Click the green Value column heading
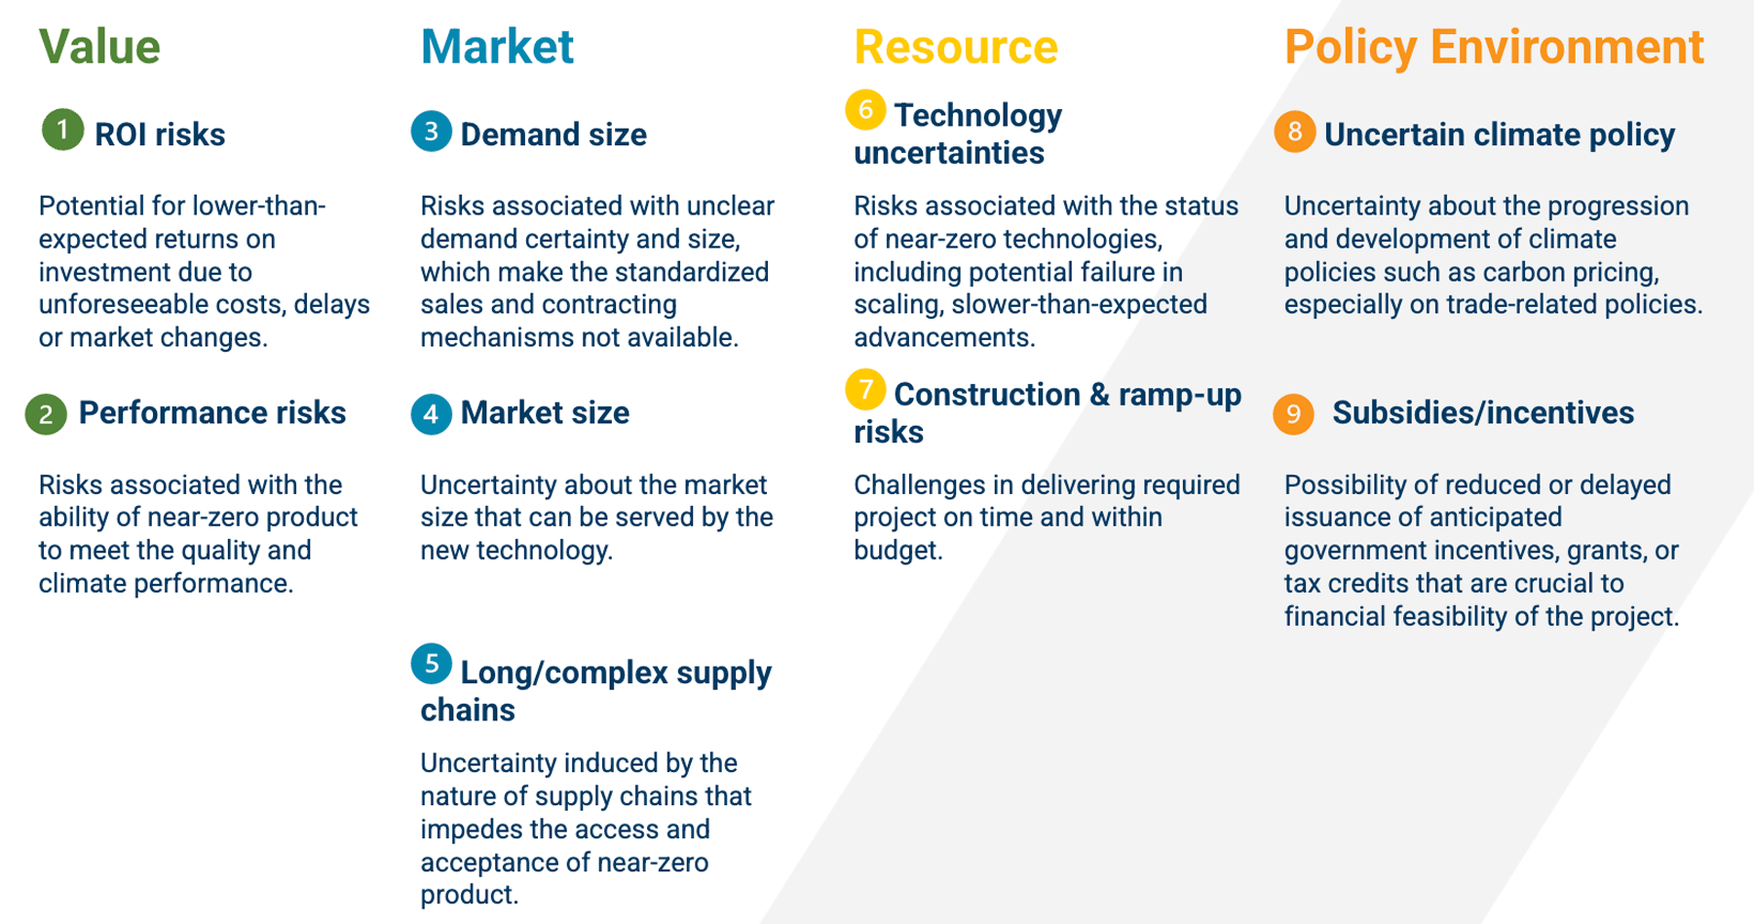[x=99, y=47]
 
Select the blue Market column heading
[x=497, y=47]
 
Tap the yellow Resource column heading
[x=956, y=47]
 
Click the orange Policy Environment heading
[x=1494, y=48]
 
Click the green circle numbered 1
[x=62, y=130]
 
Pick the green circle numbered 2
[x=46, y=414]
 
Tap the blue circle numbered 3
[x=432, y=132]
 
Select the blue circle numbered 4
[x=432, y=414]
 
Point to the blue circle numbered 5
[x=432, y=664]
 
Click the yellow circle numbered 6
[x=865, y=109]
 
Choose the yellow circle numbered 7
[x=865, y=389]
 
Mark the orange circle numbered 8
[x=1295, y=132]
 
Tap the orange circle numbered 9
[x=1293, y=414]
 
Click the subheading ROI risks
[x=160, y=135]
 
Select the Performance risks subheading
[x=212, y=412]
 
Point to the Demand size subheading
[x=553, y=135]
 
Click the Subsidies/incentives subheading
[x=1483, y=413]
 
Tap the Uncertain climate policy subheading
[x=1500, y=135]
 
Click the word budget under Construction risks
[x=897, y=551]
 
